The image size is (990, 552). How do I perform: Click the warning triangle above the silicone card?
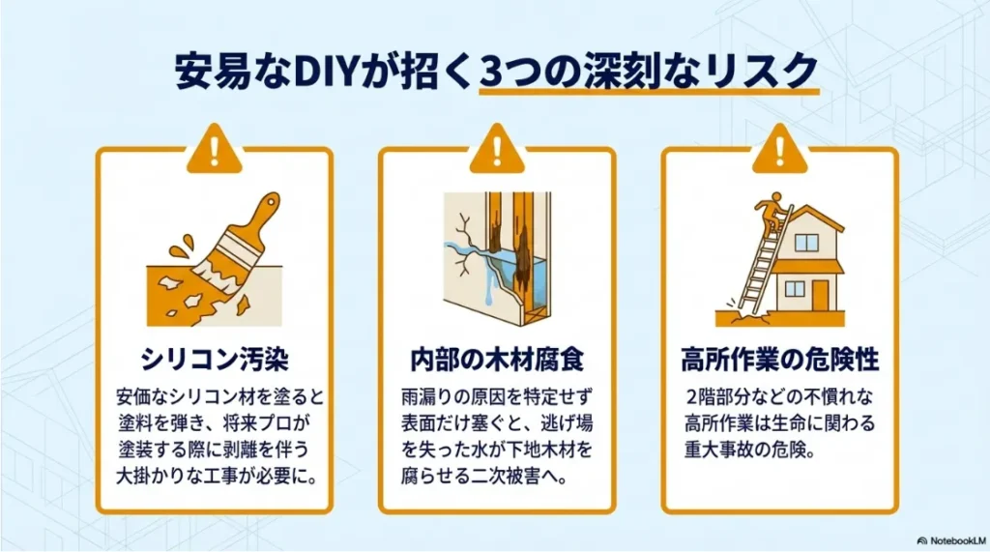pyautogui.click(x=214, y=150)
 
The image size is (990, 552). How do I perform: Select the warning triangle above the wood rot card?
pyautogui.click(x=495, y=150)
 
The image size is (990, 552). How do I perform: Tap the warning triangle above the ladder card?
pyautogui.click(x=778, y=150)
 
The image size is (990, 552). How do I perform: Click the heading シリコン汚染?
pyautogui.click(x=215, y=360)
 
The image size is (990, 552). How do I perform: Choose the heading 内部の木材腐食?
pyautogui.click(x=495, y=360)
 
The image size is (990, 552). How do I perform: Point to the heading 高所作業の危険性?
pyautogui.click(x=778, y=360)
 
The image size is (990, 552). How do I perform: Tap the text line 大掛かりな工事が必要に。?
pyautogui.click(x=215, y=479)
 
